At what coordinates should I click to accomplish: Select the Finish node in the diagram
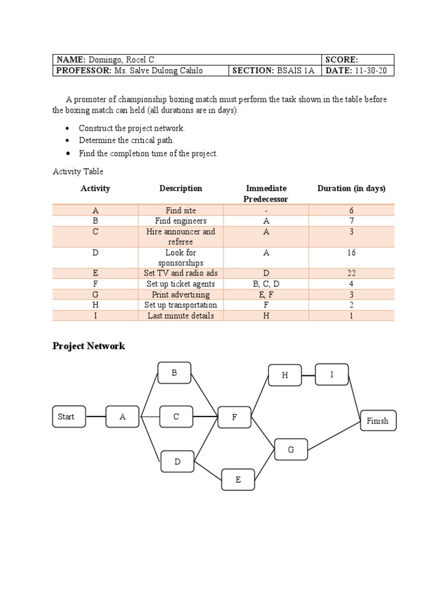[x=378, y=421]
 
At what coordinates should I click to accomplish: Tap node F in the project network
[x=235, y=417]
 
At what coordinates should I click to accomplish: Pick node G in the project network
[x=291, y=449]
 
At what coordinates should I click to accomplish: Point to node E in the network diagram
[x=238, y=479]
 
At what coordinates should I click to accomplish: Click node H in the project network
[x=285, y=375]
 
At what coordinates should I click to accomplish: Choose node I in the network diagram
[x=332, y=375]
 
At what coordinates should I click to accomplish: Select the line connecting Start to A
[x=95, y=417]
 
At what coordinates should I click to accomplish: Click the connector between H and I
[x=308, y=375]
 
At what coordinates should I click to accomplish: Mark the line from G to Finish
[x=335, y=436]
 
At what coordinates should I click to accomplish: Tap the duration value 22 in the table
[x=351, y=273]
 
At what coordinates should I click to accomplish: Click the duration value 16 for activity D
[x=351, y=253]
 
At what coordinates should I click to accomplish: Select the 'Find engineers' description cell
[x=180, y=221]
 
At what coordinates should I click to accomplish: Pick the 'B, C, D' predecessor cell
[x=266, y=284]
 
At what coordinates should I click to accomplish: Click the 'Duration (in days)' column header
[x=351, y=188]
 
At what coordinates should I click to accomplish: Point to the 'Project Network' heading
[x=88, y=346]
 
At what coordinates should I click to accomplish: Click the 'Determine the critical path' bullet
[x=126, y=141]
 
